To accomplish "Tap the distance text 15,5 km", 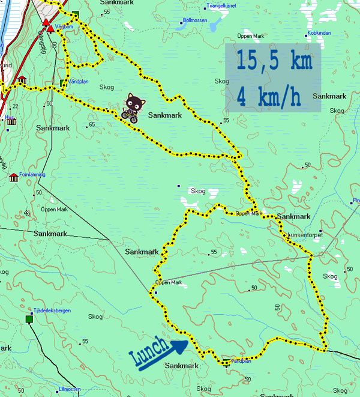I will click(x=272, y=61).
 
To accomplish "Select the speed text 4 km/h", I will click(x=269, y=96).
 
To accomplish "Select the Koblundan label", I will click(x=319, y=32).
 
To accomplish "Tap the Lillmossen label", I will click(x=70, y=389).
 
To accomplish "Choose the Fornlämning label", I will click(x=32, y=175).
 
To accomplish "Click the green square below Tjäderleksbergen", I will click(x=29, y=320).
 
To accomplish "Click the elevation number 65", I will click(x=92, y=125).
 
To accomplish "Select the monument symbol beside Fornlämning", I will click(x=13, y=177).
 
